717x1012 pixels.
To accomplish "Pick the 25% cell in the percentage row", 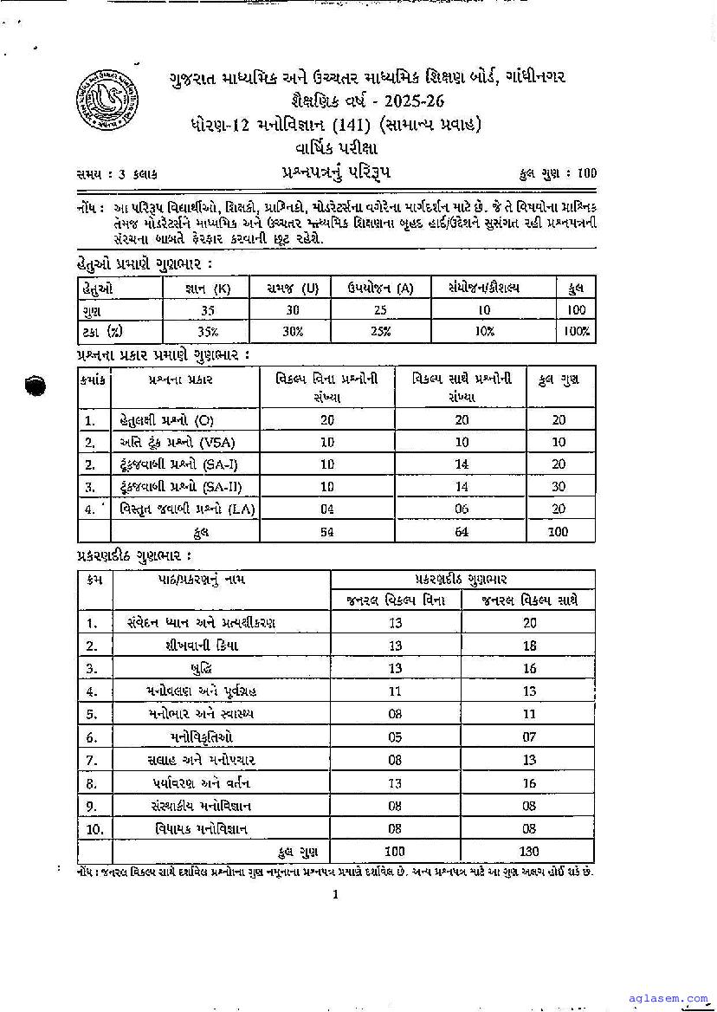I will pos(381,331).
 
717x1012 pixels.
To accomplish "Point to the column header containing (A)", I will pos(381,288).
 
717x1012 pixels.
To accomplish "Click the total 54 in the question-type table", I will pos(326,532).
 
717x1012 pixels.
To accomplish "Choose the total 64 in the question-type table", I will pos(462,532).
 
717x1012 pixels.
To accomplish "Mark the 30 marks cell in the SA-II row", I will pos(559,487).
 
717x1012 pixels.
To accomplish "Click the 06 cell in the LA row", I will pos(462,509).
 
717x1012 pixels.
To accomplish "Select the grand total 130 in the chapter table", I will pos(529,852).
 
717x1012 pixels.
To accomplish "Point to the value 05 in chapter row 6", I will pos(396,737).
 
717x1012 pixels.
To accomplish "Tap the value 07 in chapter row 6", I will pos(529,737).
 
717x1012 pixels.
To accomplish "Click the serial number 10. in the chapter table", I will pos(94,829).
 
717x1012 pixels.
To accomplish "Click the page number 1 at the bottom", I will pos(335,895).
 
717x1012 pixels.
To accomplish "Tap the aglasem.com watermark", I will pos(671,999).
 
